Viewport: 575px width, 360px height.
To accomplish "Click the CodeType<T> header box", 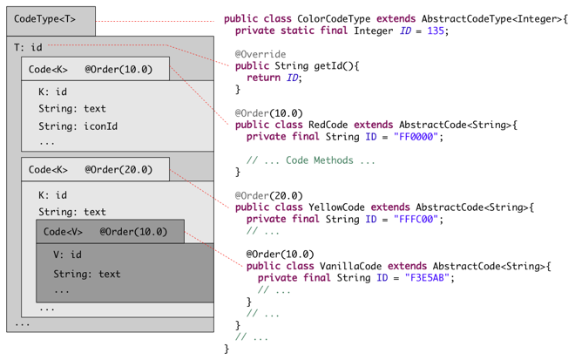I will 51,18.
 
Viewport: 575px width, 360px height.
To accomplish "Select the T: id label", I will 28,48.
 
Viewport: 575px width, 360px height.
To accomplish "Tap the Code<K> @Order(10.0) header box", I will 96,70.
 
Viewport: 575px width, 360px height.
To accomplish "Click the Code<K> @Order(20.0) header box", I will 96,170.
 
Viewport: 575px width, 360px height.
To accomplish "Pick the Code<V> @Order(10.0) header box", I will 110,232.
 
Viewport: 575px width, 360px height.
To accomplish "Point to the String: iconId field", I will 78,126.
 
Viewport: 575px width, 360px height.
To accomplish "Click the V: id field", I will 67,255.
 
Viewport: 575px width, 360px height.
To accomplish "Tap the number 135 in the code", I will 435,31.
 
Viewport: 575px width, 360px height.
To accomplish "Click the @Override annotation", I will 260,54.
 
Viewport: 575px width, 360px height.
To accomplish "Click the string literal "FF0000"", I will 414,137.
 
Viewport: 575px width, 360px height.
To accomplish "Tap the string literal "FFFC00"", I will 417,220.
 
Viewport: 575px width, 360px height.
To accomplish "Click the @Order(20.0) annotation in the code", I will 268,196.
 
